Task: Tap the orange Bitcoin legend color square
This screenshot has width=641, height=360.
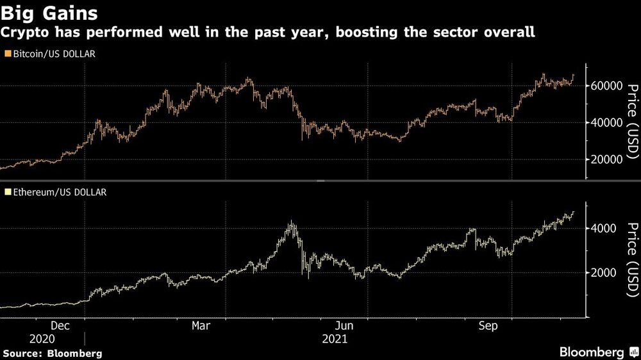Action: [6, 54]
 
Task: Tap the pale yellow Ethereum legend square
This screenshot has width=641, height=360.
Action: [6, 192]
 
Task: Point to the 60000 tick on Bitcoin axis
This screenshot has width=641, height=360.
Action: [606, 86]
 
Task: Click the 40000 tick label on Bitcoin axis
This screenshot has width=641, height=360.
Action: [606, 122]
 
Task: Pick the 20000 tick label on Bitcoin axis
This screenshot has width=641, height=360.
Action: [606, 160]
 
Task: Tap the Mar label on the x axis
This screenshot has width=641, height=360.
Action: [201, 325]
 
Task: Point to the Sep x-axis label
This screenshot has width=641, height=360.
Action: [488, 325]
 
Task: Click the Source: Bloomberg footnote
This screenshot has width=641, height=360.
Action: [53, 353]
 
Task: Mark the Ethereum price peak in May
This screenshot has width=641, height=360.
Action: [291, 222]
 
